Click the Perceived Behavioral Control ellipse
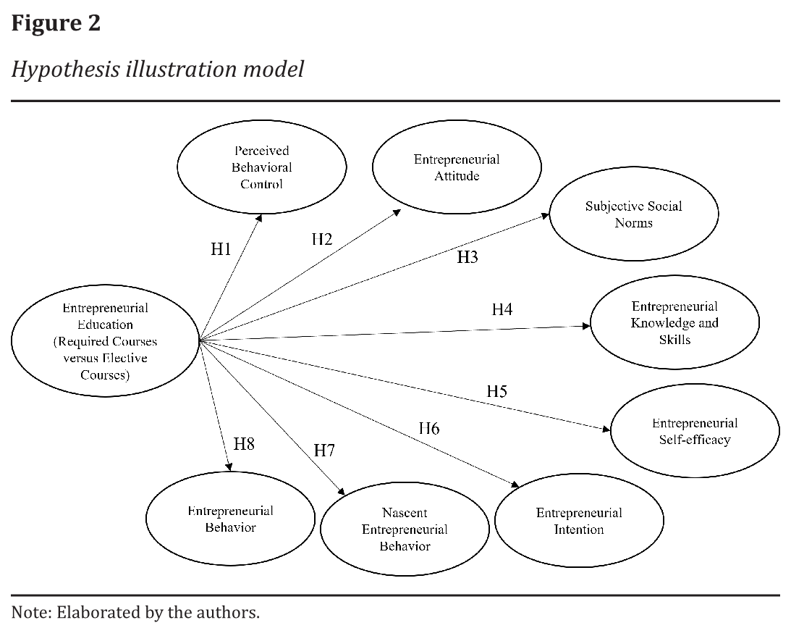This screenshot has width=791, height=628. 261,167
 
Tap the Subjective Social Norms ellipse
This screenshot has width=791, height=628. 633,214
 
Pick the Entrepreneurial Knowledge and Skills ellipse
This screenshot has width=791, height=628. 674,322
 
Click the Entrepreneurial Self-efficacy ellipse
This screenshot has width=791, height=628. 695,431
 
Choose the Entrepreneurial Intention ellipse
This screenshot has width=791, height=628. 578,521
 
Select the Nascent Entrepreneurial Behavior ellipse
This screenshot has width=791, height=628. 405,529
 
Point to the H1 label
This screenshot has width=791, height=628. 221,250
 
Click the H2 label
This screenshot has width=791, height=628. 322,239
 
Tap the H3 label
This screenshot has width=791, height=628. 468,257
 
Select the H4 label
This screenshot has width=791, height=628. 502,309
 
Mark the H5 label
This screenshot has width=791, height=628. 496,392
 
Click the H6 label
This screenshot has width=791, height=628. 429,428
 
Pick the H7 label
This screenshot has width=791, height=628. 324,450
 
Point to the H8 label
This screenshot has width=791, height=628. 244,444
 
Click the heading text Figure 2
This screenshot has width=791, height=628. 56,23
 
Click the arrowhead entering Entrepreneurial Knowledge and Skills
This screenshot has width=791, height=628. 587,327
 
